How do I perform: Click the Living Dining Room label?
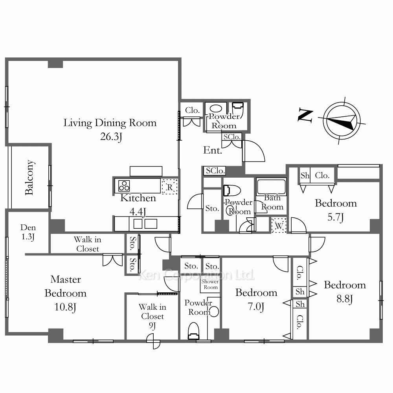coord(110,123)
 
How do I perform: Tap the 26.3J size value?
coord(111,137)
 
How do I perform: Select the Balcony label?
coord(30,178)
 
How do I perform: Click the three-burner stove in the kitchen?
coord(124,186)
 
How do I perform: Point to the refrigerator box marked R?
coord(170,187)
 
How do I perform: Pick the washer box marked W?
coord(279,225)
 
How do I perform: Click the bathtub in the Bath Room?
coord(271,187)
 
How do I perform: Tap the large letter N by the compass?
coord(305,116)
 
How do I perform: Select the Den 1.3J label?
coord(28,232)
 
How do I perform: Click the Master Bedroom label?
coord(65,286)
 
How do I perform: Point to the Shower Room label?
coord(210,284)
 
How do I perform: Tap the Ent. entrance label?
coord(213,151)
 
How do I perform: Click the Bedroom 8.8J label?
coord(345,292)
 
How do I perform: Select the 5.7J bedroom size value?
coord(336,217)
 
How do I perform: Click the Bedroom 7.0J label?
coord(256,299)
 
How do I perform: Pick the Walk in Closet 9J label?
coord(152,316)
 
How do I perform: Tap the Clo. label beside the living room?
coord(192,110)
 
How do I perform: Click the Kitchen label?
coord(138,198)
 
